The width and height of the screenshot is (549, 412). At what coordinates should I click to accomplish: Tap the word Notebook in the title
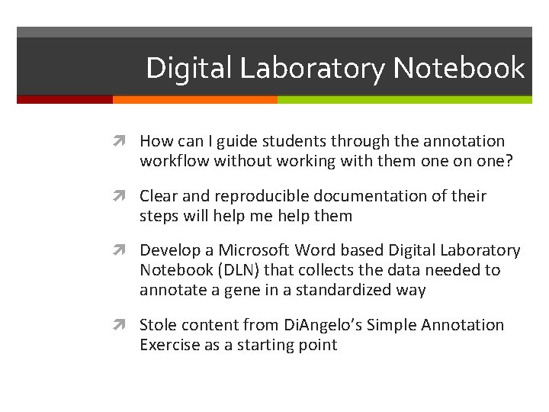[460, 69]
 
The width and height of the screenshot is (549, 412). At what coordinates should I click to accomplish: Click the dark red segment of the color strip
[65, 99]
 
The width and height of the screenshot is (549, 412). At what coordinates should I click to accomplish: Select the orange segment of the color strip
[194, 99]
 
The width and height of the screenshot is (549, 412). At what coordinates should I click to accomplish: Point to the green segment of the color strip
[404, 99]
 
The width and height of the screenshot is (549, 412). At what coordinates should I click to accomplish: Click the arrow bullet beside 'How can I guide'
[125, 142]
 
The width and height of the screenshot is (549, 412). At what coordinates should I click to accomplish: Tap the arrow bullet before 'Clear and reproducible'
[125, 197]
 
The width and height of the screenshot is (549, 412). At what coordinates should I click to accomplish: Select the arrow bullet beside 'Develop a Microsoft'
[125, 251]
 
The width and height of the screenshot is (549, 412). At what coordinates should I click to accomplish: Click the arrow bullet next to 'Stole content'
[125, 326]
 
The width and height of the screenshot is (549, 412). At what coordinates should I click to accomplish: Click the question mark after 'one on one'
[509, 160]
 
